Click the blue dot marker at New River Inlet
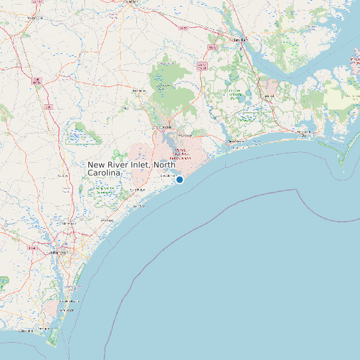point(179,179)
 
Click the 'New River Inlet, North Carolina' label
point(132,168)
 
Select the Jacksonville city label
point(163,126)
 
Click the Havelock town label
point(268,97)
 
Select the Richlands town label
point(139,90)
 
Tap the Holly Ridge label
point(137,190)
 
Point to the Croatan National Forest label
point(235,93)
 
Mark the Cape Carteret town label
point(236,141)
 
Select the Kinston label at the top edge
point(130,2)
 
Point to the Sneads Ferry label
point(166,176)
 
